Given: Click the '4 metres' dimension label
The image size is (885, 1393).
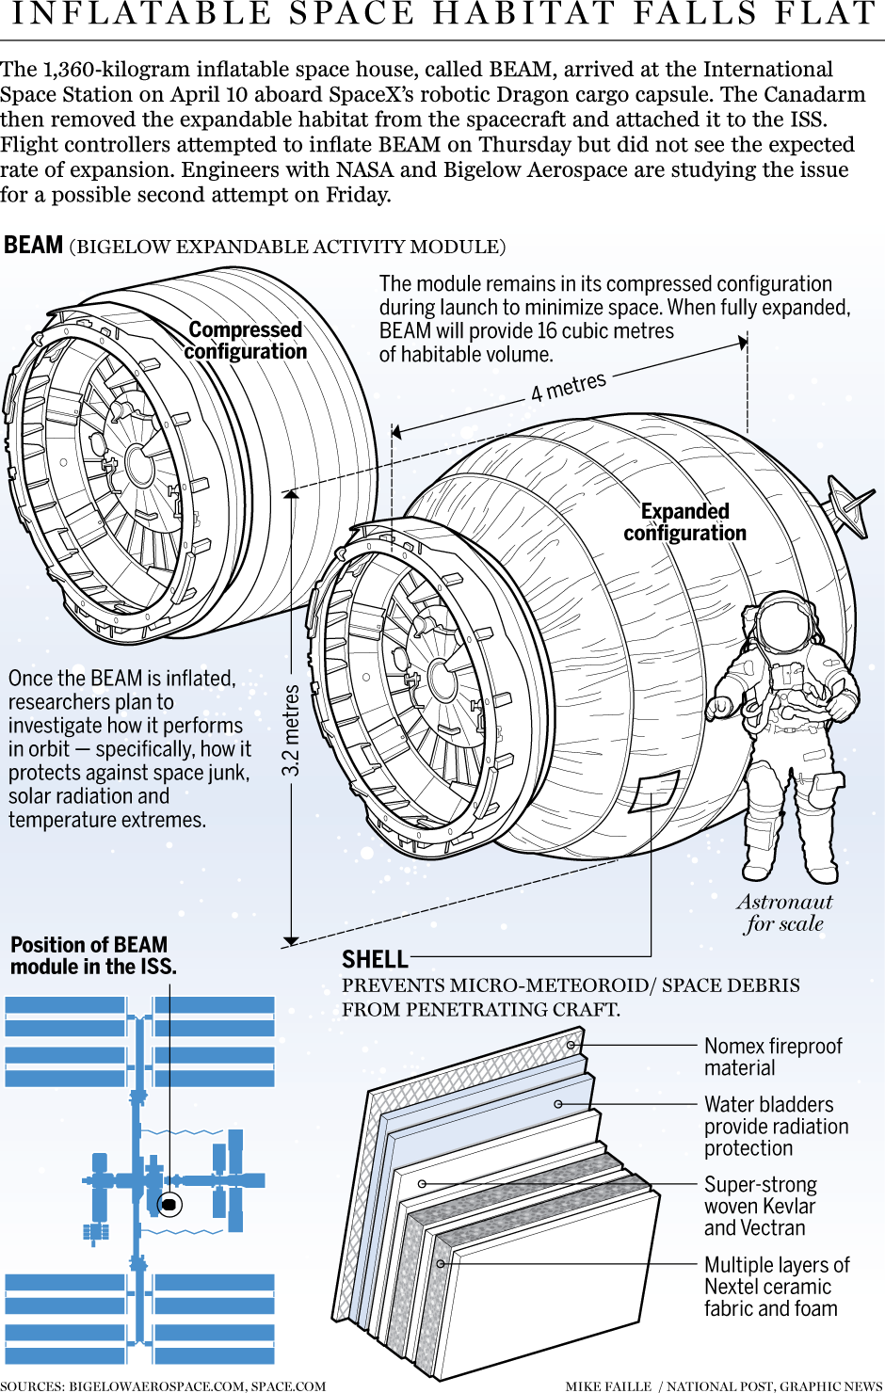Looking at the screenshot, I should coord(568,386).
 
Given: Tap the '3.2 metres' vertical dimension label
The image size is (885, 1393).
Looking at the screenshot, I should coord(291,730).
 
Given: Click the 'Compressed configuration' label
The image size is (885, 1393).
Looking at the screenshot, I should coord(246,341).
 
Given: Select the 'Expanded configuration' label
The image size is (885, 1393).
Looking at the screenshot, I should coord(684,522).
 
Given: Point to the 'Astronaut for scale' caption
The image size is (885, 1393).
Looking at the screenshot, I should coord(784,913).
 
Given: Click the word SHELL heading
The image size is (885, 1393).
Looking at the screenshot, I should coord(375,960).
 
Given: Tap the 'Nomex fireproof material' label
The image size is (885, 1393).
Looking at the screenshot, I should coord(773,1057).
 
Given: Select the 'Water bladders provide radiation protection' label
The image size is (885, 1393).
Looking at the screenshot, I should coord(776,1126).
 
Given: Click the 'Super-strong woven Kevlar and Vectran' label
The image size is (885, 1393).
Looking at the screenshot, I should coord(760,1206).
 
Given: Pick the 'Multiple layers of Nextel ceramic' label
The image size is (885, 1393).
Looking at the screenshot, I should coord(776,1287).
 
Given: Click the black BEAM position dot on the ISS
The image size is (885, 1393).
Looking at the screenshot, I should coord(169,1204).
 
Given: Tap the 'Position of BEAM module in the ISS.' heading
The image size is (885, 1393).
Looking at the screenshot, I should coord(93,955).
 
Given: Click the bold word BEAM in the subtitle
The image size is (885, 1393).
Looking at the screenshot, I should coord(33,246).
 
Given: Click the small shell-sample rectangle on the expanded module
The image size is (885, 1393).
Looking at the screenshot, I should coord(654,792).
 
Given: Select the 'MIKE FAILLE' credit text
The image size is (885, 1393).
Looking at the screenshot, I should coord(608,1385).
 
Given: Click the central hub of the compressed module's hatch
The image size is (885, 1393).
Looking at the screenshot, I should coord(138,465).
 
